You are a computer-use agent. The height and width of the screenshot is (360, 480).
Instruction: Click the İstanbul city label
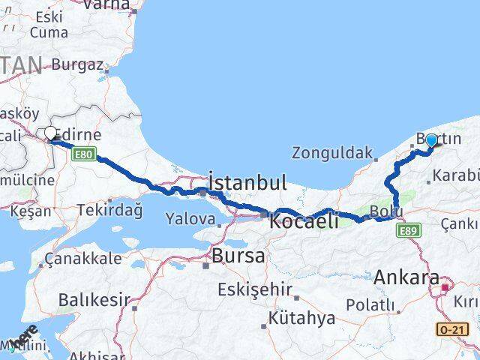[x=247, y=182]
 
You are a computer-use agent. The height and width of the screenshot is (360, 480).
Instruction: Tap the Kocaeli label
[x=303, y=220]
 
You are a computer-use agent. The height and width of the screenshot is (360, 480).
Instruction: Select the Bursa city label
[x=238, y=255]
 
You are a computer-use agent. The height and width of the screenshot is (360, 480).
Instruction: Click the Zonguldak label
[x=332, y=154]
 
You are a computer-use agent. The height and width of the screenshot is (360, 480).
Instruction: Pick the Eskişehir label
[x=251, y=289]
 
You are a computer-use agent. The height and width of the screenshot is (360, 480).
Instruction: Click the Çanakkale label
[x=83, y=259]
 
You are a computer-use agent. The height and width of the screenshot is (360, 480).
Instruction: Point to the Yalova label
[x=191, y=220]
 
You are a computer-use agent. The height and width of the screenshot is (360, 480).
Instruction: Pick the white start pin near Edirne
[x=51, y=134]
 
